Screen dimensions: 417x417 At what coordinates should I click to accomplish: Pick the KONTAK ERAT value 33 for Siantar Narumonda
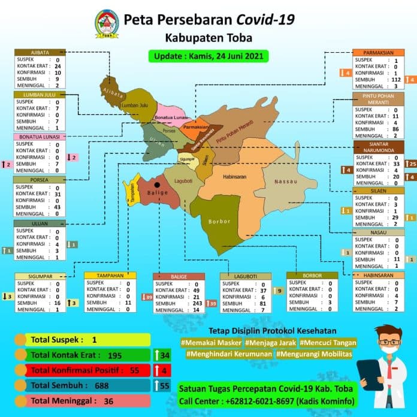pos(395,164)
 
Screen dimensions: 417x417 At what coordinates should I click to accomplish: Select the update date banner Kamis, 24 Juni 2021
pos(208,56)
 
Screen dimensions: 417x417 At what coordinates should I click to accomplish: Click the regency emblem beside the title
pos(107,23)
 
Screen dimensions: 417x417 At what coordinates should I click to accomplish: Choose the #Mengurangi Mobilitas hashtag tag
pos(313,354)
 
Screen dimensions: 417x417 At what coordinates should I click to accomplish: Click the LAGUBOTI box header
pos(246,276)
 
